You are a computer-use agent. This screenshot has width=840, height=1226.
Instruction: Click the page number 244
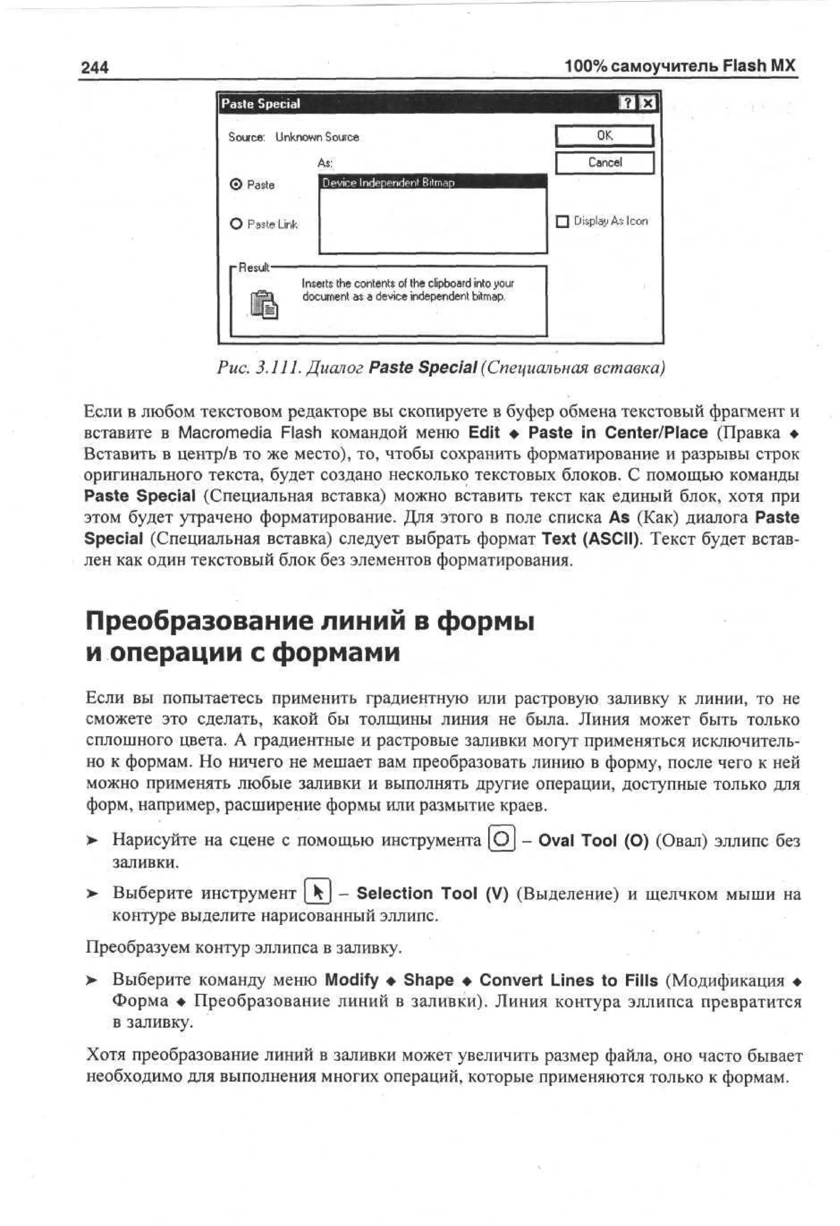pos(94,68)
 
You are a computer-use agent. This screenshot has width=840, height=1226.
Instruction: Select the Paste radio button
pos(236,185)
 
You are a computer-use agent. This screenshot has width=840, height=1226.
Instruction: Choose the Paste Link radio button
pos(236,224)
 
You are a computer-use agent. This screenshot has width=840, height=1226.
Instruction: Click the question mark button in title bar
pos(628,103)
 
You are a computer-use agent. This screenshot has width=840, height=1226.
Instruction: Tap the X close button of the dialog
pos(648,103)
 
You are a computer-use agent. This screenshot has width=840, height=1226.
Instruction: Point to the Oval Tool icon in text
pos(502,840)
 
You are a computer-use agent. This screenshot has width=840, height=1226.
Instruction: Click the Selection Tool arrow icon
pos(318,893)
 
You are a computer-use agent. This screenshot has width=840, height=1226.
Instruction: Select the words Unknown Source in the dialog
pos(317,137)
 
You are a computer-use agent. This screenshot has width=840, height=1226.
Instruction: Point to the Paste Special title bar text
pos(260,104)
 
